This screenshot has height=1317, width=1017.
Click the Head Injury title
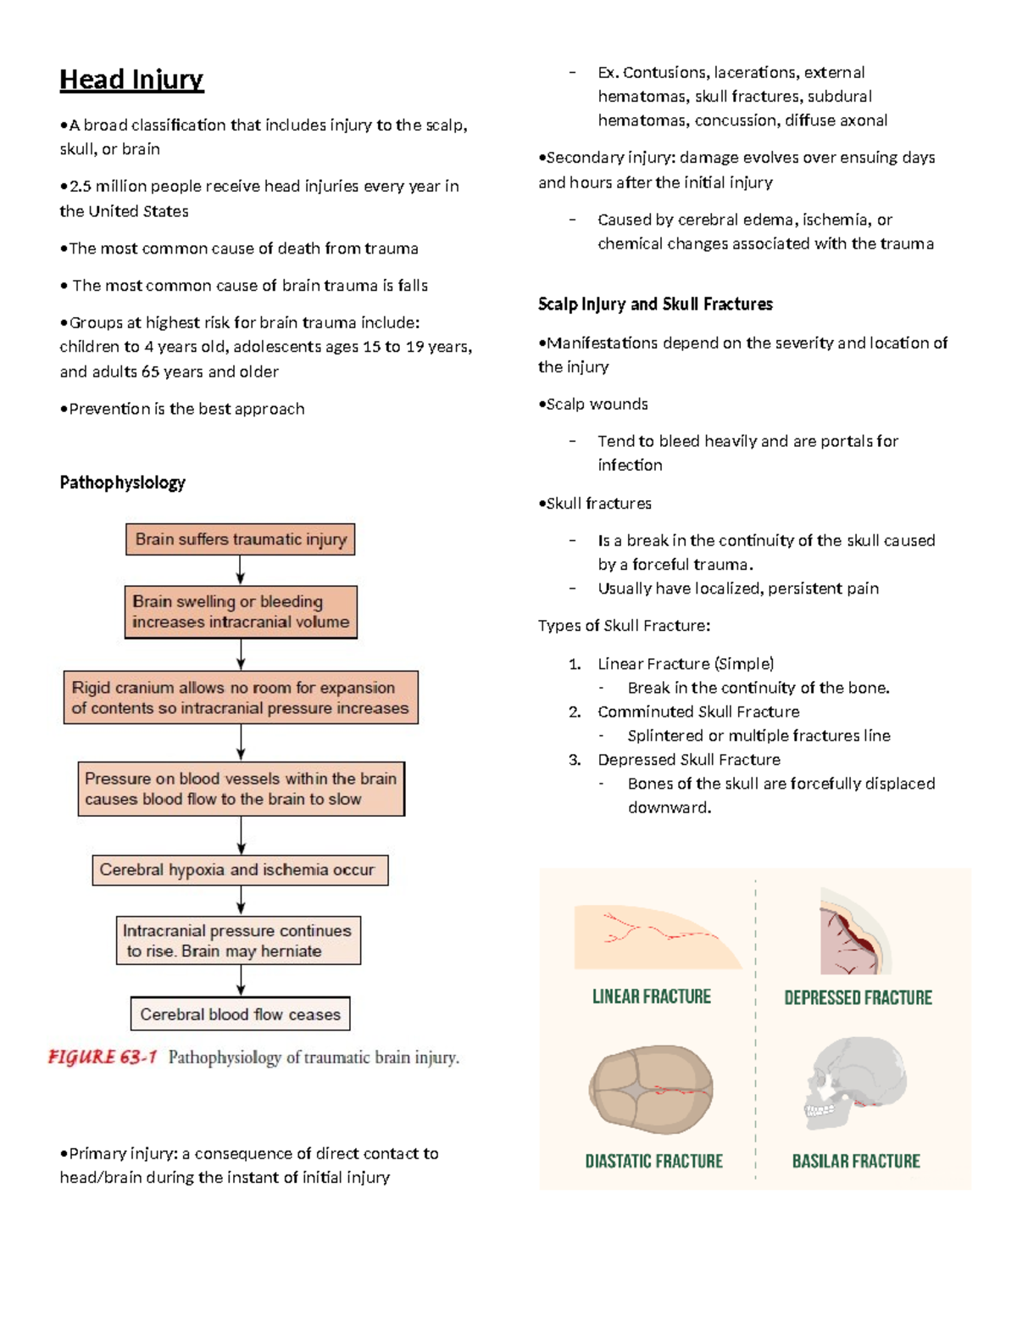coord(131,80)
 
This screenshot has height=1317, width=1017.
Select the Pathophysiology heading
coord(122,483)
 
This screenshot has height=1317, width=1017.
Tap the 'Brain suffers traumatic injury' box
coord(241,539)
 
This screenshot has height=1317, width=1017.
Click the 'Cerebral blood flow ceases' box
coord(240,1014)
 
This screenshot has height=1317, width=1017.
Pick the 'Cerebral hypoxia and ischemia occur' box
coord(240,870)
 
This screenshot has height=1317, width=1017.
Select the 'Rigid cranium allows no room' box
coord(241,698)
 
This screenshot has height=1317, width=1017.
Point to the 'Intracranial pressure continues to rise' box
coord(238,940)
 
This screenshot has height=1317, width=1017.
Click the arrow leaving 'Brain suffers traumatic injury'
coord(241,570)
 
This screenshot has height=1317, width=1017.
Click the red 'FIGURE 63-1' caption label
coord(103,1058)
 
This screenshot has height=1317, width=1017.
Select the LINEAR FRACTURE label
coord(651,997)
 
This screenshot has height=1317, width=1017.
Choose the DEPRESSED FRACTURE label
coord(858,998)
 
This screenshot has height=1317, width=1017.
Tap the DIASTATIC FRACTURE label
coord(653,1161)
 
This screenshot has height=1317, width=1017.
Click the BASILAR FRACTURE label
coord(856,1161)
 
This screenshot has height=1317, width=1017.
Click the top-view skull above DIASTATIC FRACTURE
coord(651,1090)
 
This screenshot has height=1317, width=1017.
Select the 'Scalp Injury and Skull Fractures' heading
coord(655,304)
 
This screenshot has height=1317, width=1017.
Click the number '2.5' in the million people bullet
coord(80,187)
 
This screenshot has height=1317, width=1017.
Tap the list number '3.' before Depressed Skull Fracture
coord(575,760)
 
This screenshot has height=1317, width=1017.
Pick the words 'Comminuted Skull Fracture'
coord(698,712)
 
